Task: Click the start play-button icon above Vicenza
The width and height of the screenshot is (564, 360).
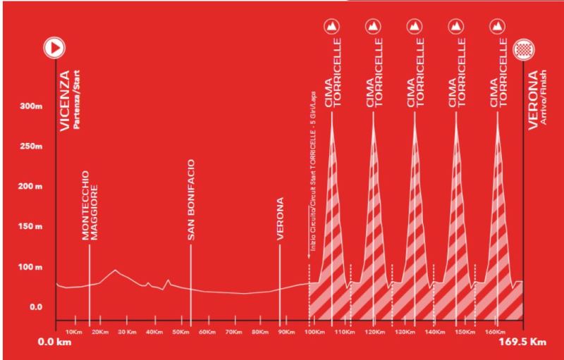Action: coord(55,48)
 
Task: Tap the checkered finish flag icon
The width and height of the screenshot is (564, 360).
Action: coord(523,49)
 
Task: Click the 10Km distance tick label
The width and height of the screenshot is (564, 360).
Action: coord(74,331)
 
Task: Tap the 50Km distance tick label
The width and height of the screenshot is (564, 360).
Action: coord(180,331)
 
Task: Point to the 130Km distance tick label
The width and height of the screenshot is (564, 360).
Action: coord(405,331)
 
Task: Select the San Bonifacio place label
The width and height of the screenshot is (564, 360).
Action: coord(191,201)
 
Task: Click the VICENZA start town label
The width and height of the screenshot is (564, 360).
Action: coord(63,101)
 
